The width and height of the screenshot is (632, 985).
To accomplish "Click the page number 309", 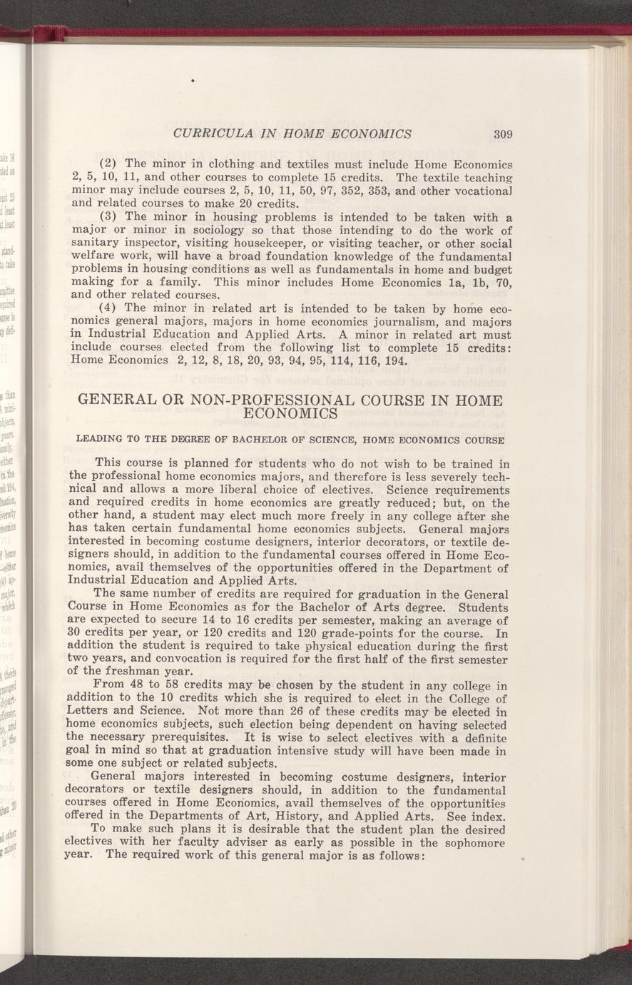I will pos(504,133).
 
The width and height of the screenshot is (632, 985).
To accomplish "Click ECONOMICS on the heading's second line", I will pos(291,414).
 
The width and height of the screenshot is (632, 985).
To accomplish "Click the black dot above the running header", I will pos(193,82).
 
